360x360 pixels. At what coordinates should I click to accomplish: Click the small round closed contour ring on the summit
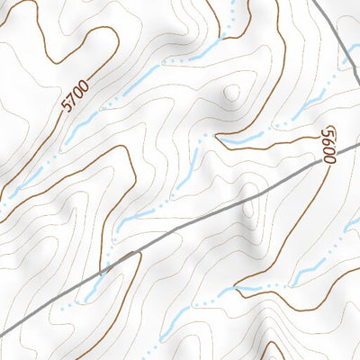232,92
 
